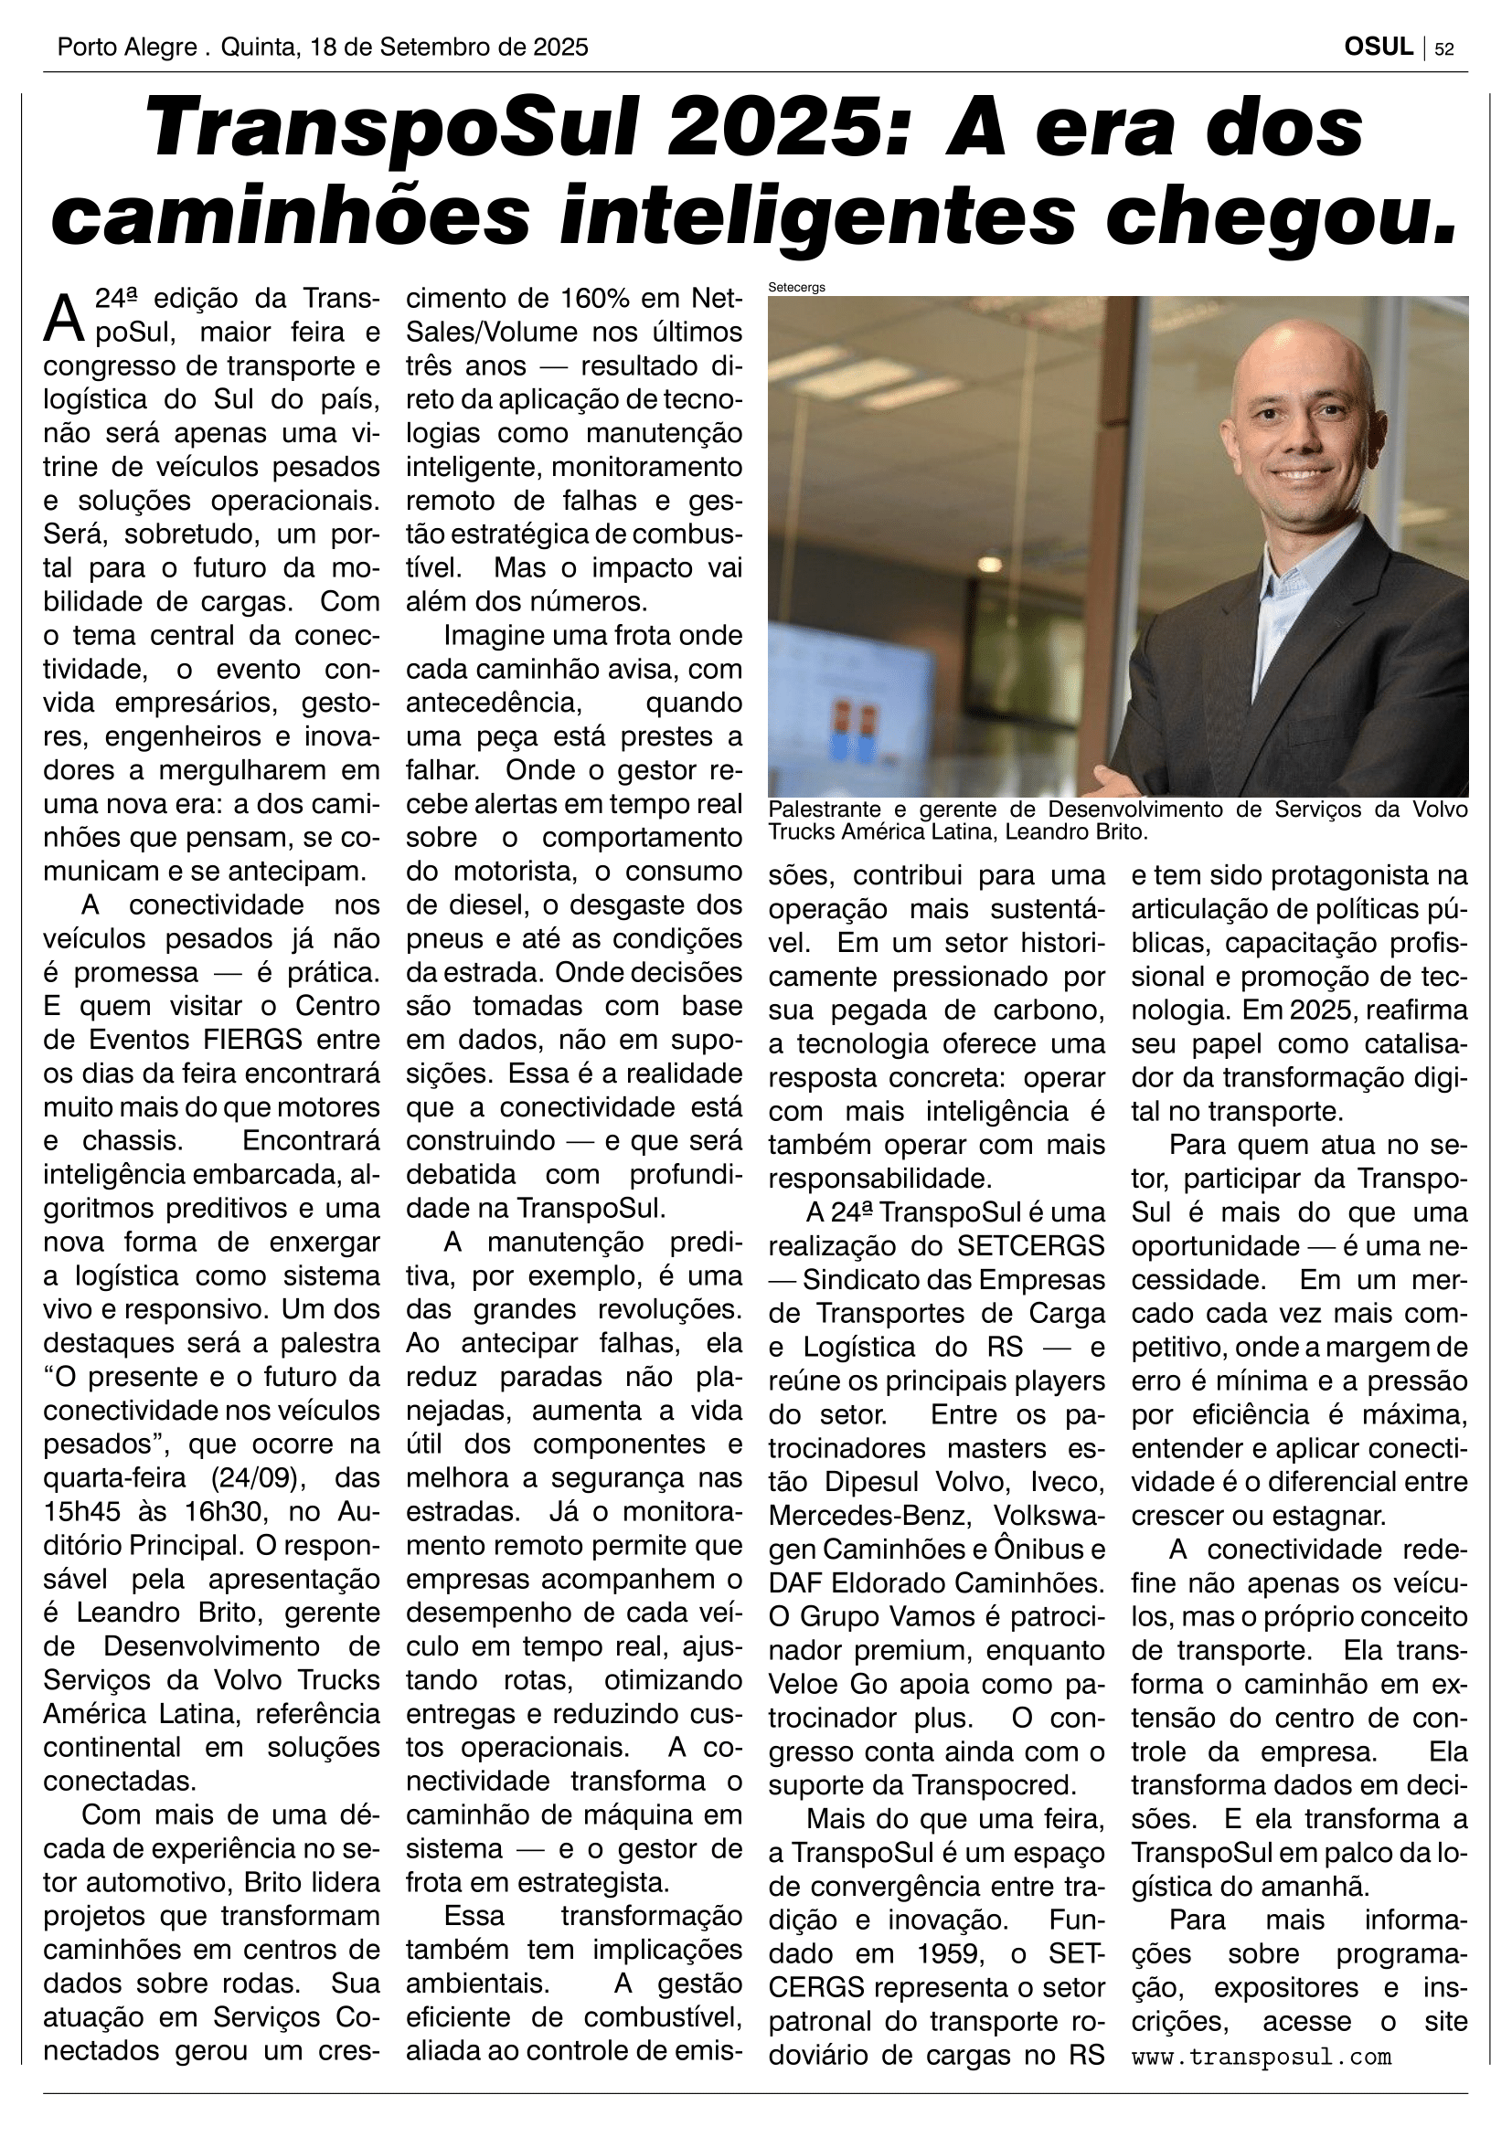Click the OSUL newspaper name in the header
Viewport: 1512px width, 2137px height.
click(x=1378, y=48)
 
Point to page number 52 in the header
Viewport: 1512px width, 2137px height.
click(x=1444, y=49)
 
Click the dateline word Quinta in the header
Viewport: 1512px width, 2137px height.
click(x=254, y=48)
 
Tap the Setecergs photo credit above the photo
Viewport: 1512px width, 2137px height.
click(x=796, y=288)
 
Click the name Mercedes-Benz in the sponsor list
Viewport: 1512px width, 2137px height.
click(x=867, y=1515)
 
